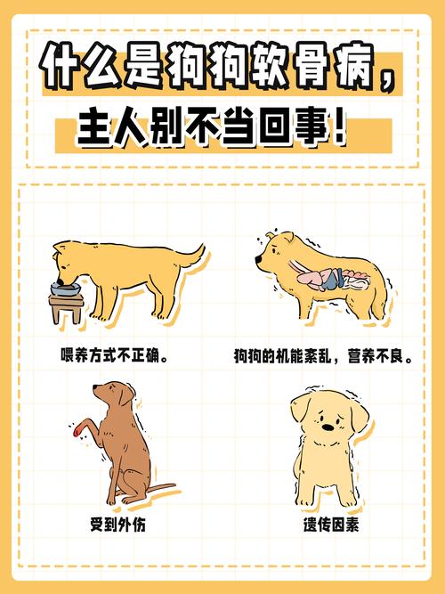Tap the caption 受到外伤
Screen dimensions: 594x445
(117, 525)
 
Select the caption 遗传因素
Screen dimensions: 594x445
(330, 525)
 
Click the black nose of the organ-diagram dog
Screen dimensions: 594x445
(257, 260)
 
